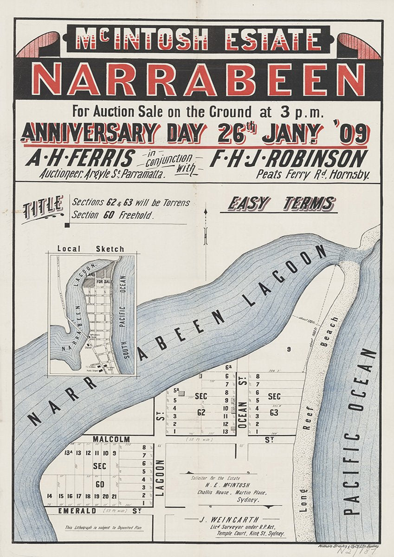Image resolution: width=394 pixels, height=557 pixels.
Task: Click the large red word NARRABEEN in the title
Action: coord(198,79)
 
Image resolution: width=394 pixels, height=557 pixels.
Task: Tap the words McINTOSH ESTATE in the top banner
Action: coord(198,39)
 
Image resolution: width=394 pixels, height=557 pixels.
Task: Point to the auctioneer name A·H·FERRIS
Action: coord(81,159)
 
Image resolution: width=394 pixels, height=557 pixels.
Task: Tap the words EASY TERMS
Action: coord(281,204)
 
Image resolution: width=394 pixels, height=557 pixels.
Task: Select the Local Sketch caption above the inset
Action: coord(91,249)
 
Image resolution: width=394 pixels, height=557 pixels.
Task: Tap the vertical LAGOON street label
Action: coord(160,478)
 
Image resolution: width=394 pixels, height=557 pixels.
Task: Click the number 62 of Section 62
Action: coord(201,411)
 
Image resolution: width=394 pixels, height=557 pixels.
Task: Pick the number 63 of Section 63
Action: coord(274,411)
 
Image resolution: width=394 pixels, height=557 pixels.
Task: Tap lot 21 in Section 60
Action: coord(114,496)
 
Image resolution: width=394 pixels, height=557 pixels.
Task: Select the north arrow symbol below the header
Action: coord(205,227)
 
